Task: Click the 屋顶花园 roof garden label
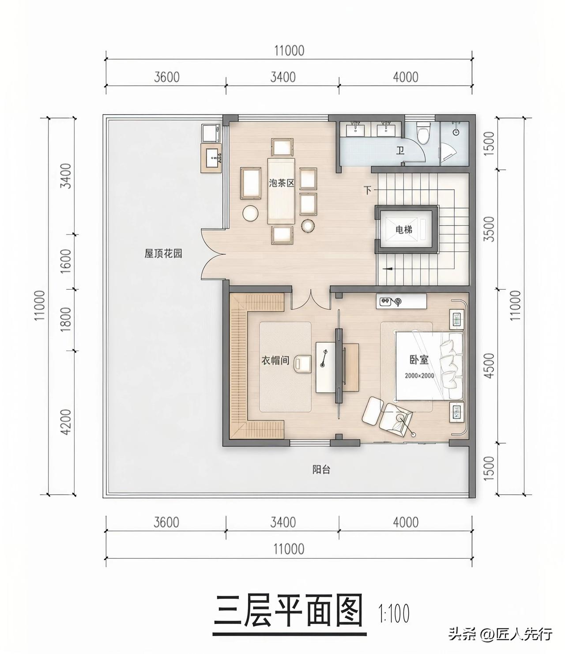coord(163,253)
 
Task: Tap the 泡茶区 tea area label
coord(282,182)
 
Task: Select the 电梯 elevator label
coord(404,229)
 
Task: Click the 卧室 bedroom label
coord(419,360)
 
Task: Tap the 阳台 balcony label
coord(321,469)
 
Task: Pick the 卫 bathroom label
coord(400,150)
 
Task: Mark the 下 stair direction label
coord(367,190)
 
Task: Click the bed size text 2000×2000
coord(419,376)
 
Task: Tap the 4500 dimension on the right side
coord(489,366)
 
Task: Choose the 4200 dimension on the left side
coord(66,422)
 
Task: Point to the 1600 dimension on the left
coord(66,262)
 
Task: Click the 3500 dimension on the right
coord(489,229)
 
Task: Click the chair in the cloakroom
coord(303,363)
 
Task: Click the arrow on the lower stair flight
coord(388,268)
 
